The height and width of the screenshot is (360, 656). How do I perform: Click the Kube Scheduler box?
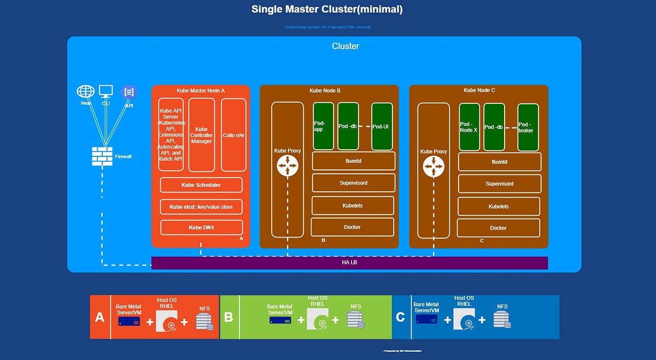pos(201,185)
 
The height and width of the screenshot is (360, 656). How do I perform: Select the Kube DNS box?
pos(201,227)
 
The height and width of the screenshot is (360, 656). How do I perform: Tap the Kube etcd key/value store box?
pos(201,207)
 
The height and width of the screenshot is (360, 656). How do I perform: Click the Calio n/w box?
pos(234,135)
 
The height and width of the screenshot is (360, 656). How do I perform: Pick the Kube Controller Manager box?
pos(201,135)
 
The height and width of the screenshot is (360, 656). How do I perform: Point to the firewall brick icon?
pos(102,156)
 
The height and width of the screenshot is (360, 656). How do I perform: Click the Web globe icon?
pos(86,91)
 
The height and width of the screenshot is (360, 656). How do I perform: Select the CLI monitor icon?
pos(106,91)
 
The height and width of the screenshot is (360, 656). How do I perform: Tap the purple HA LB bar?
pos(349,263)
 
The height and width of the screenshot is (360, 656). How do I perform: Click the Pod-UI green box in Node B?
pos(382,126)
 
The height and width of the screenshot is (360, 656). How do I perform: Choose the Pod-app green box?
pos(323,126)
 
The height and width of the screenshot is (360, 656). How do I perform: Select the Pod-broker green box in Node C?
pos(528,127)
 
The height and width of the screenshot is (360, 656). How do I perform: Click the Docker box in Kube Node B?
pos(353,227)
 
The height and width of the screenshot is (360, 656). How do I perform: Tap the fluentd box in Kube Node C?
pos(499,162)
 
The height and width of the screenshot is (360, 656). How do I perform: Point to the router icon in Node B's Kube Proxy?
pos(288,166)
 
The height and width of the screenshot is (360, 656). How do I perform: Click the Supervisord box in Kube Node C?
pos(499,184)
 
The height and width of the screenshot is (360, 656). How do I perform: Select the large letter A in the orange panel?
pos(100,317)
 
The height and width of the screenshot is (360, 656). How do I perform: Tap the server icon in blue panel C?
pos(426,320)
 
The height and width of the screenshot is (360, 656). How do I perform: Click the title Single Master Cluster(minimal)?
pos(327,9)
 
